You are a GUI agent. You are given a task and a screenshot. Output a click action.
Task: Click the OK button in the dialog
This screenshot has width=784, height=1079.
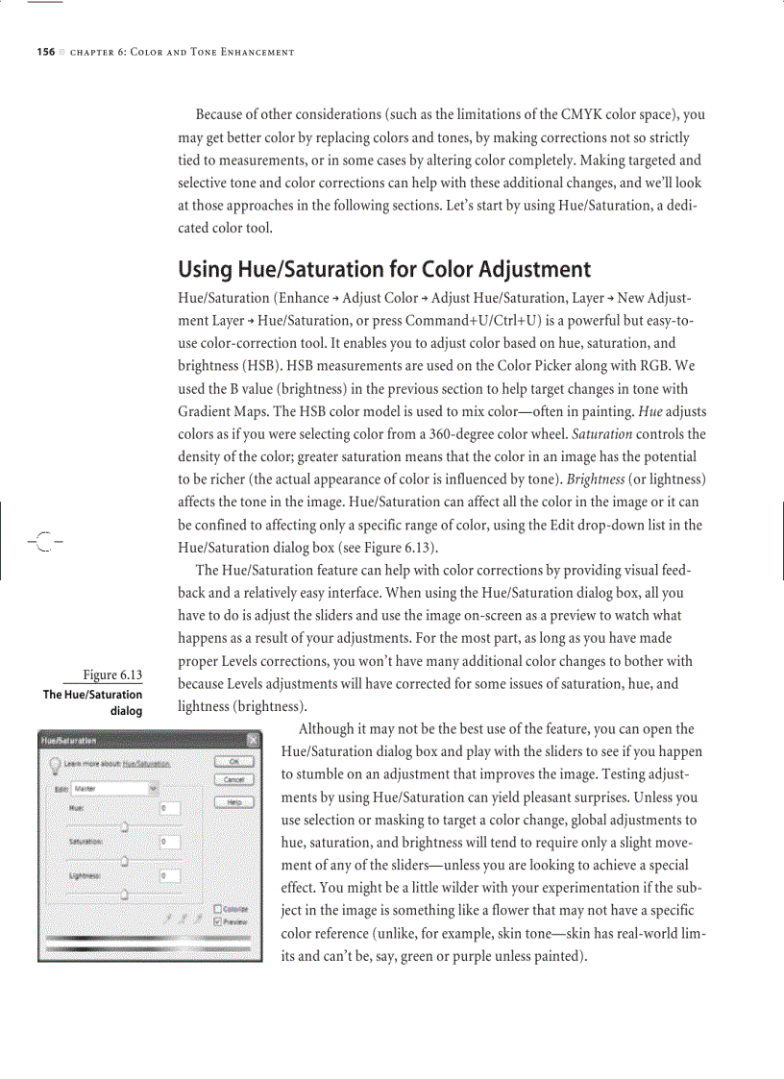[x=233, y=761]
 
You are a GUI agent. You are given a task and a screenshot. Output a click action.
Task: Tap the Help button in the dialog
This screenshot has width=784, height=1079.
[x=233, y=801]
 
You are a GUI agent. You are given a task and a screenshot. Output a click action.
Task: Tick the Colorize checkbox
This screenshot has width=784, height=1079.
[x=217, y=909]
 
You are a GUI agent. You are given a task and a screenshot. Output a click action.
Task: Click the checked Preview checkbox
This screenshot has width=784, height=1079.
[x=217, y=920]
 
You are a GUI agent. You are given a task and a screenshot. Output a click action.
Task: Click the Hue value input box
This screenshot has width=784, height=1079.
[x=170, y=809]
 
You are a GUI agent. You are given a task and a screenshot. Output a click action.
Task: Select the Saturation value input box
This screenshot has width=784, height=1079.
[x=170, y=842]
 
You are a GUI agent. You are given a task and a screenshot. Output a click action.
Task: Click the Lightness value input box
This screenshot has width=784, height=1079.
[x=170, y=875]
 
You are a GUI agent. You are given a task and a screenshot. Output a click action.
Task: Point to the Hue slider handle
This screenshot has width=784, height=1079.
[x=125, y=824]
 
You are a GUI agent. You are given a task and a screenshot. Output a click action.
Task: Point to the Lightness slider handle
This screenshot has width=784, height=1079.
[x=125, y=892]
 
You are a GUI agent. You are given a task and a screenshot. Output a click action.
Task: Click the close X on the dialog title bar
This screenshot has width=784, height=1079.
[x=254, y=740]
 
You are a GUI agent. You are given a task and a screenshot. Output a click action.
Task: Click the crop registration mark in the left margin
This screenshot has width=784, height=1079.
[x=43, y=540]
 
